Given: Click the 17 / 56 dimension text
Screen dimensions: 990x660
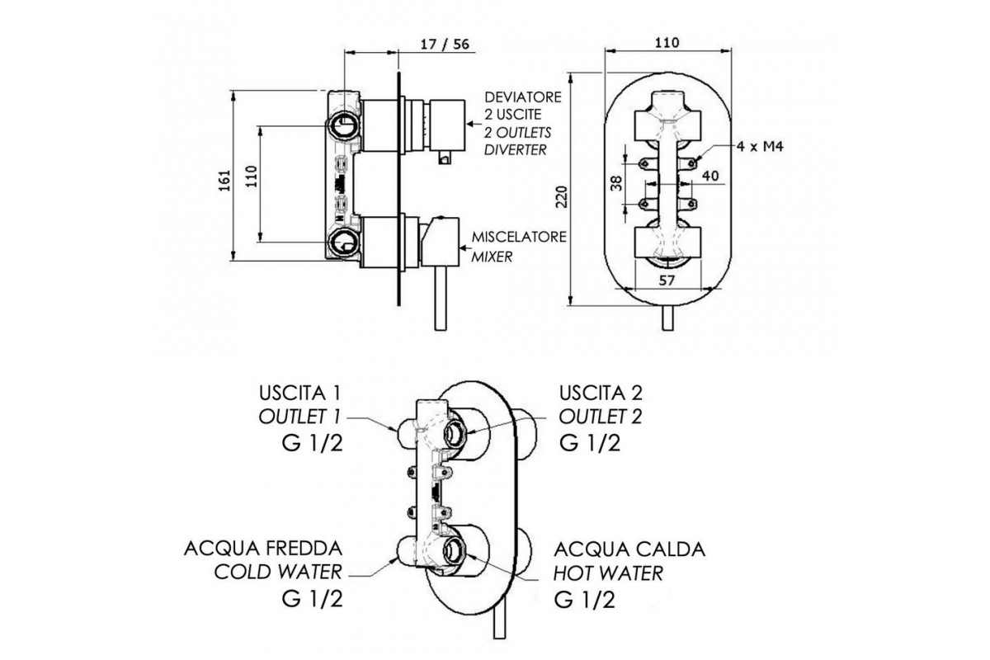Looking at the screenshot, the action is tap(445, 44).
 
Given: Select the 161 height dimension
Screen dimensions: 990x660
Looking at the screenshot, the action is tap(225, 180).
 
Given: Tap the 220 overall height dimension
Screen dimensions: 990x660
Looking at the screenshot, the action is tap(561, 196).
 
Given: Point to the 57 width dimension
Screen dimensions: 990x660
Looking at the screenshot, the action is tap(667, 280).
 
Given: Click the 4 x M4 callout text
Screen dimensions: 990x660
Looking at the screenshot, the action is tap(760, 146).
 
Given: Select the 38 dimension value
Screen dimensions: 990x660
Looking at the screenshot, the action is tap(616, 183).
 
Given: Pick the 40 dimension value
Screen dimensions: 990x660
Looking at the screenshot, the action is tap(710, 176).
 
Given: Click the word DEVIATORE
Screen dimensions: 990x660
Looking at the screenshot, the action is tap(523, 97).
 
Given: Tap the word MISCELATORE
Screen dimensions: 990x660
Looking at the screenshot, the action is tap(519, 237).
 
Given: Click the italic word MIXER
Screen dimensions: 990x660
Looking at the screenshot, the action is tap(492, 257).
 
